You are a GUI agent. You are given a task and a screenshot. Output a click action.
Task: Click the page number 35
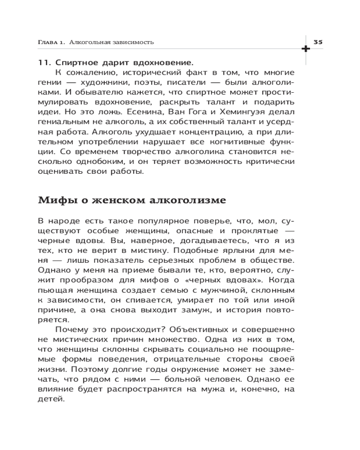318,42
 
